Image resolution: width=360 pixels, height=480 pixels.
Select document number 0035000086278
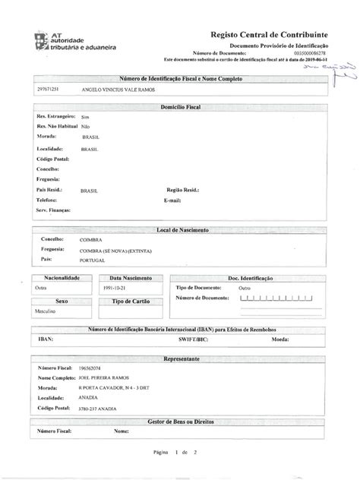point(317,52)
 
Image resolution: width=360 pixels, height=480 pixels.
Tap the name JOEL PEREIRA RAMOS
point(103,377)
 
